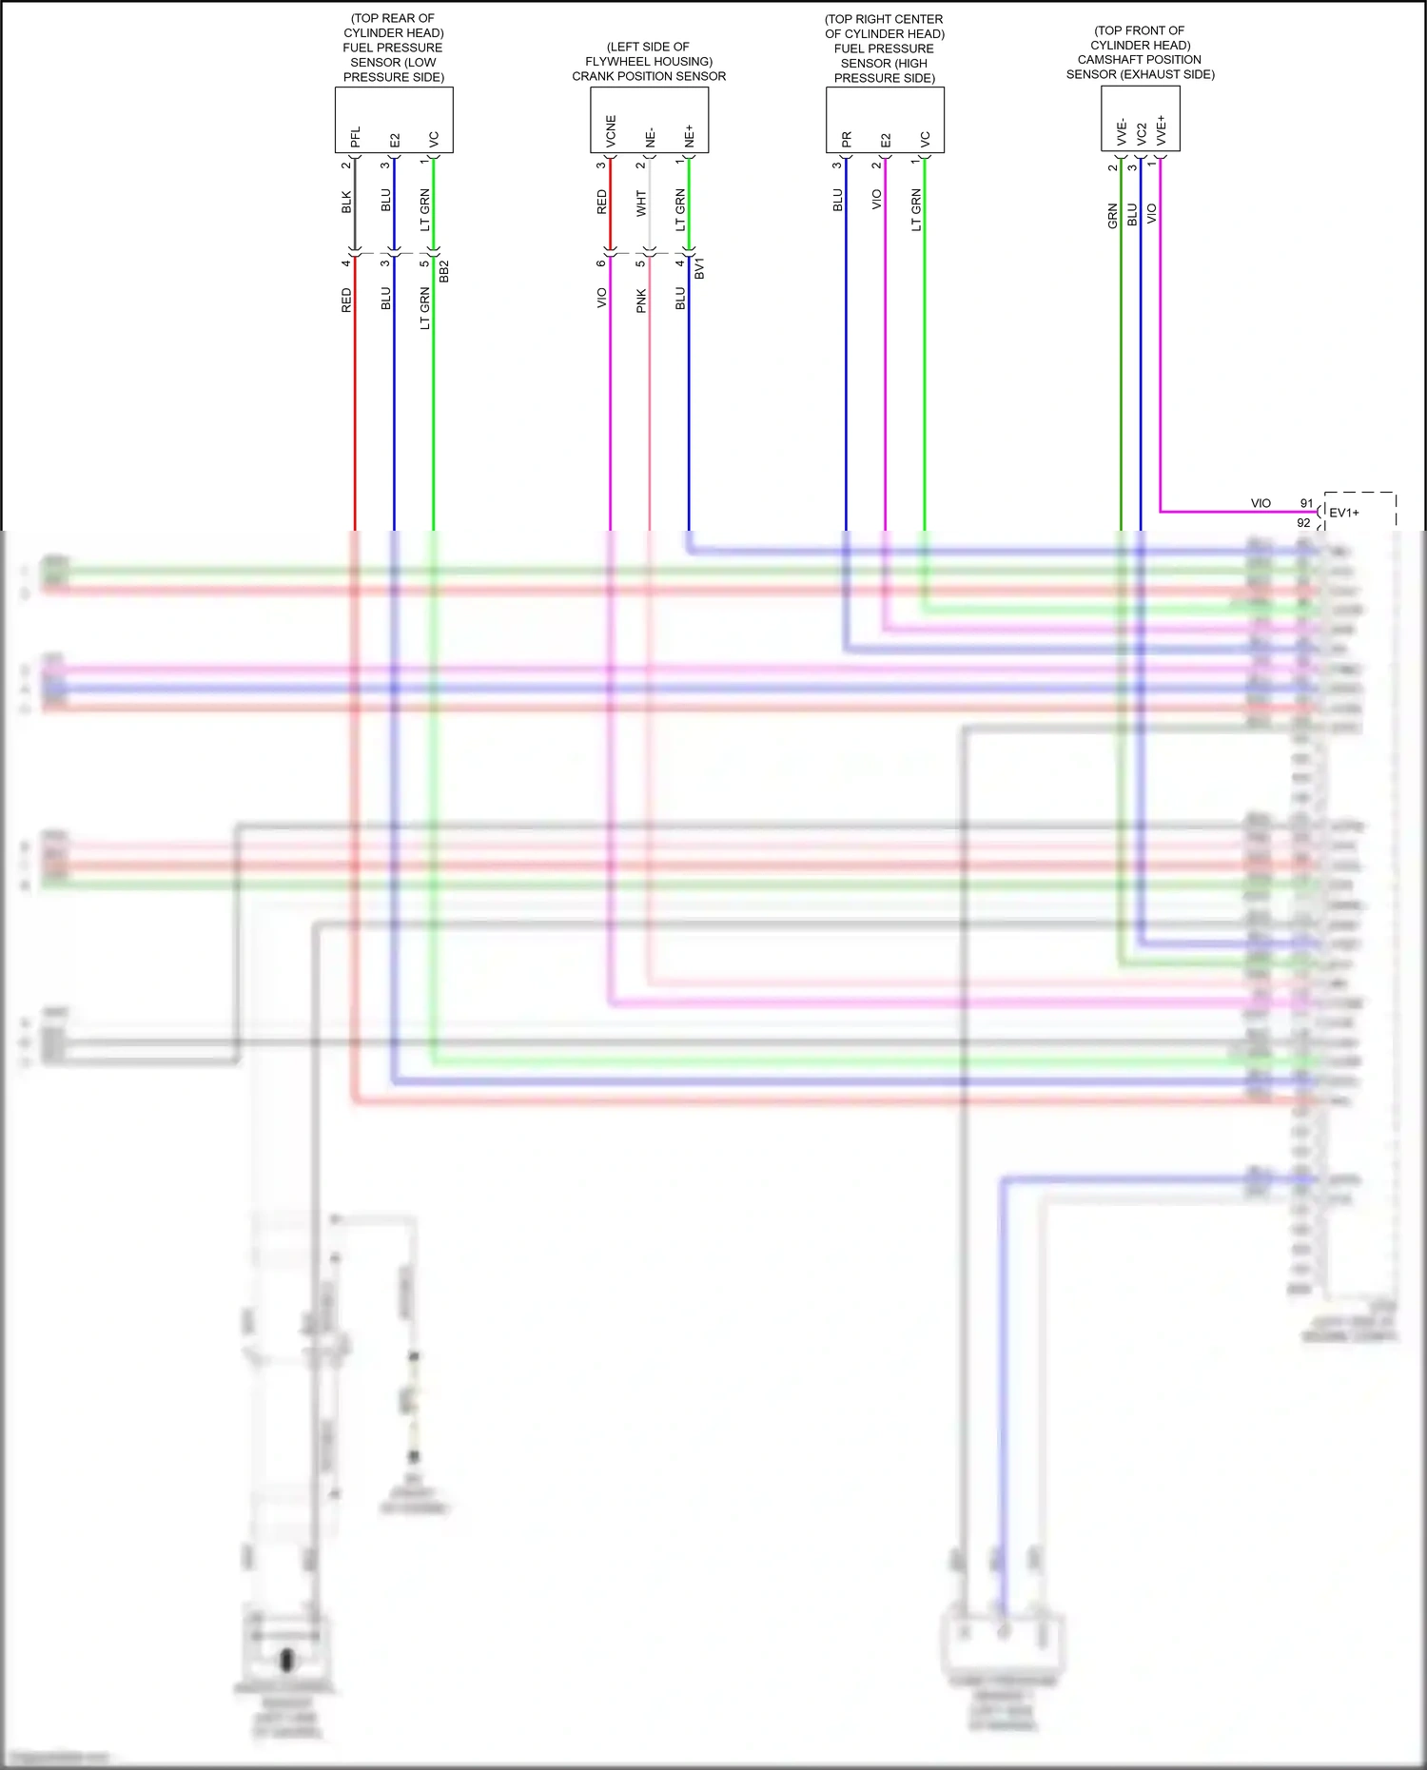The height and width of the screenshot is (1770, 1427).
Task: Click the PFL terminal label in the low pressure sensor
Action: point(355,137)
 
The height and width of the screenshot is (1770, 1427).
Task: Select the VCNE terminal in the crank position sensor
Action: point(611,130)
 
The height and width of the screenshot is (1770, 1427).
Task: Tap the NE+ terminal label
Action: point(690,135)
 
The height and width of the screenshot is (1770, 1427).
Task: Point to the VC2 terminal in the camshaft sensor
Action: point(1141,133)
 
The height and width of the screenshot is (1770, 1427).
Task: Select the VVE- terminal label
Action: point(1122,132)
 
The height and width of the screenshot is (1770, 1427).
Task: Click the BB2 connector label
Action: point(444,270)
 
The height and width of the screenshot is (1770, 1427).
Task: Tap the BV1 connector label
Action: point(699,267)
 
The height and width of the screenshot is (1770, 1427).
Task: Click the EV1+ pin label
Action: point(1343,513)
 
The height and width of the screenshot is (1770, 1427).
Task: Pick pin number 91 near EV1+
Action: point(1306,503)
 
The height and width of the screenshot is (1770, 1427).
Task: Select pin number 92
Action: point(1303,523)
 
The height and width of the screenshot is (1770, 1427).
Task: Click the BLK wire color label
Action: point(346,202)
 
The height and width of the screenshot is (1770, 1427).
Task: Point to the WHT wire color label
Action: point(641,203)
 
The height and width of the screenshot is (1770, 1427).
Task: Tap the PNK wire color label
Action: point(641,301)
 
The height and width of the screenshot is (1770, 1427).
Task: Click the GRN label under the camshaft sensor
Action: point(1112,216)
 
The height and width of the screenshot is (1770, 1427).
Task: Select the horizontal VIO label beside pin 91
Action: point(1261,503)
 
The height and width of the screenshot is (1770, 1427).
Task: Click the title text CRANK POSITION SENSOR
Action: point(649,76)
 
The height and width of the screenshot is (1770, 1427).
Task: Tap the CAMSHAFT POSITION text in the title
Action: point(1139,59)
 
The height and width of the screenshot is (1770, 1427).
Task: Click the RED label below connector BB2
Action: point(346,300)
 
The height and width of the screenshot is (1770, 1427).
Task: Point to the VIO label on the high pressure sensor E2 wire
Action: point(876,199)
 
